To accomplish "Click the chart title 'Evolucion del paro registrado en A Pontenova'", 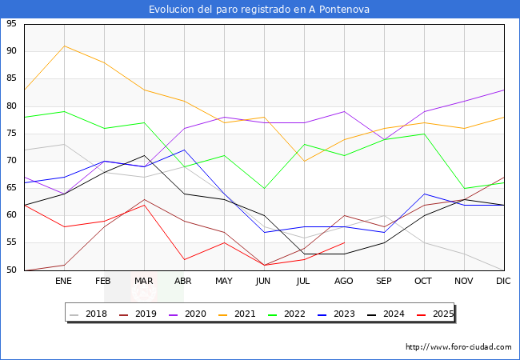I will point(260,9).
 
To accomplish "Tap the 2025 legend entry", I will point(433,314).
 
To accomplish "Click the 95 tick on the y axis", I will point(11,24).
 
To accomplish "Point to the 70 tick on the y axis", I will point(11,161).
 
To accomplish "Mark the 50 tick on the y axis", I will point(11,270).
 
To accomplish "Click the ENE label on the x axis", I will point(64,282).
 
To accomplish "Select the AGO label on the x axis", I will point(344,282).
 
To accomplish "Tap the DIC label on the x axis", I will point(503,282).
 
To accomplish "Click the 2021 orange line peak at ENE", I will point(64,46).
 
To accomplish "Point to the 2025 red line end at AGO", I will point(344,242).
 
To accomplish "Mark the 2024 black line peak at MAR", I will point(144,155).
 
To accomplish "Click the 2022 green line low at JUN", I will point(264,188).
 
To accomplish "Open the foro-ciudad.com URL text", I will point(458,347).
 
